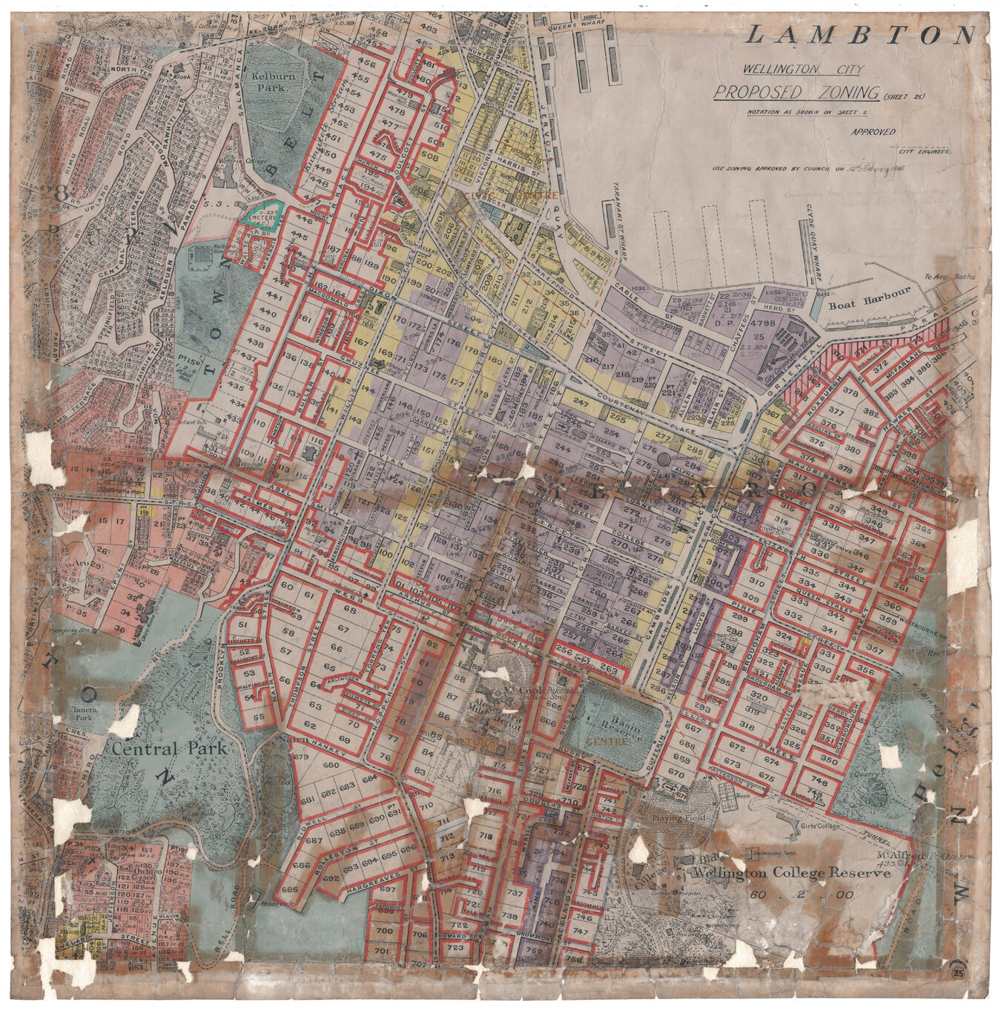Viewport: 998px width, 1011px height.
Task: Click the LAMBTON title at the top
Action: point(860,35)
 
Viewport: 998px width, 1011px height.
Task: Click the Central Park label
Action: point(169,748)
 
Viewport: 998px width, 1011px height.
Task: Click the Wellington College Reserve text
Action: point(790,874)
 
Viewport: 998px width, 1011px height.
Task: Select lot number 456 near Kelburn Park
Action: point(366,65)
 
